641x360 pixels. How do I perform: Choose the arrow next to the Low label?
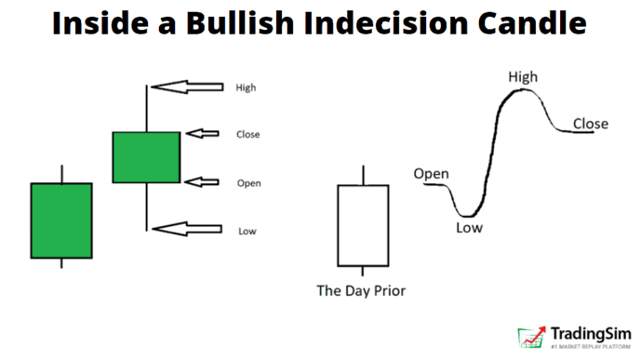click(190, 229)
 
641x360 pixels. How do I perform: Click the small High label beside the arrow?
click(246, 88)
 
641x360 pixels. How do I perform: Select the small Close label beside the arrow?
click(248, 135)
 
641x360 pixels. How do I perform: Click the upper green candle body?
click(146, 157)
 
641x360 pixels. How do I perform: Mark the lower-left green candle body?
click(61, 220)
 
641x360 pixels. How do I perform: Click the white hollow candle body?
click(362, 224)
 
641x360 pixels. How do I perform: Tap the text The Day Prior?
click(361, 291)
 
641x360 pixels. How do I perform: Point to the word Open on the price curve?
click(431, 174)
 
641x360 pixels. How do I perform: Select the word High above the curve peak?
click(522, 77)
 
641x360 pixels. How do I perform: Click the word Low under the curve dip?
click(470, 227)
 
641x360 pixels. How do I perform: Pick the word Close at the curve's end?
click(591, 124)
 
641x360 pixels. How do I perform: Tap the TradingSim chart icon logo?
click(532, 338)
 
